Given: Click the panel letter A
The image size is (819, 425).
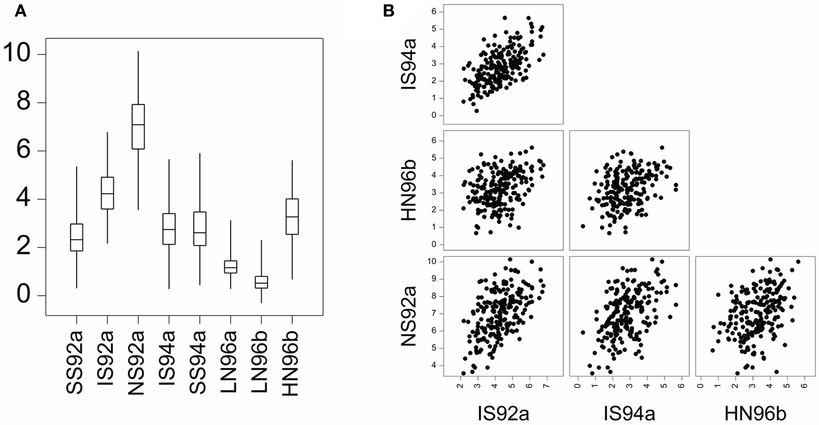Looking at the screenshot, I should [x=21, y=11].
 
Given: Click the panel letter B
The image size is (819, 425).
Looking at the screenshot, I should [x=388, y=11].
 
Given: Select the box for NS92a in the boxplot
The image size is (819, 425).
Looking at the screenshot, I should [x=138, y=126].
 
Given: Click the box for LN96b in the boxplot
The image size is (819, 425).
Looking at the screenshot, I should [x=262, y=282].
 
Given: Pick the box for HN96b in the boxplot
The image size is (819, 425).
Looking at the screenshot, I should [x=292, y=216].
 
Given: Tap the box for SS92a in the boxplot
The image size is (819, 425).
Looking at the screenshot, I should [x=77, y=237].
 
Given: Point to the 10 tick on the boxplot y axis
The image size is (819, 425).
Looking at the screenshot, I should [x=17, y=54].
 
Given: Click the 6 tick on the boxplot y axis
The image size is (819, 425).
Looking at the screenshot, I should [x=23, y=151].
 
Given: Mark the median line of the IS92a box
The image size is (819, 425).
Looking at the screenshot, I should [x=107, y=194].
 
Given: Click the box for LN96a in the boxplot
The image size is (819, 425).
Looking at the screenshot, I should [x=231, y=267].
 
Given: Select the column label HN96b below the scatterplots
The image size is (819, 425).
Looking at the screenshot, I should [x=755, y=413].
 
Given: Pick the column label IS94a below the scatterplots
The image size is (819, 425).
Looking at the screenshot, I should [x=629, y=413].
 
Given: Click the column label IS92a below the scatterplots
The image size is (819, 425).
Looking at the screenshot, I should [x=503, y=413].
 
